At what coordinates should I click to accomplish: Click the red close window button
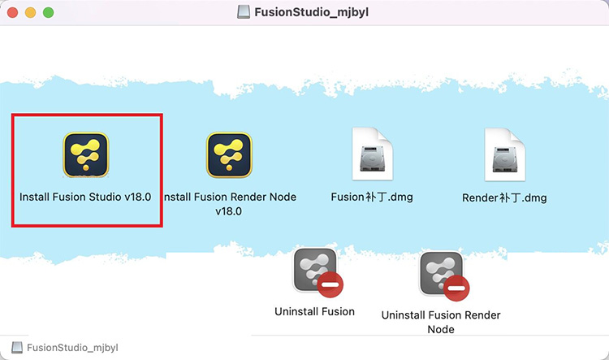(x=12, y=12)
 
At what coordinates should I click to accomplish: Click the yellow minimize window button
(x=30, y=12)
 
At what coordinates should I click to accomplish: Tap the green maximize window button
(x=48, y=12)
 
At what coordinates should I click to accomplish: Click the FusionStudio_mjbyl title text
(x=312, y=12)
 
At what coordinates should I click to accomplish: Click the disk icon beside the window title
(x=244, y=12)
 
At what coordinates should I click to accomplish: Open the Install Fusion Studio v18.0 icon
(x=86, y=154)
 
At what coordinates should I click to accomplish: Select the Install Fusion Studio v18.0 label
(x=85, y=197)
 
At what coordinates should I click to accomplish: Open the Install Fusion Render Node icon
(x=229, y=154)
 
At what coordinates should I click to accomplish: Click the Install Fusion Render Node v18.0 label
(x=229, y=204)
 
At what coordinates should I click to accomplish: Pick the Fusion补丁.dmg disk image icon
(x=373, y=154)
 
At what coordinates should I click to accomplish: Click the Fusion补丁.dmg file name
(x=372, y=197)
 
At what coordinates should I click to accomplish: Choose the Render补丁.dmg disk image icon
(x=505, y=154)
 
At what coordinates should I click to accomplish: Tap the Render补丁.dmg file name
(x=504, y=198)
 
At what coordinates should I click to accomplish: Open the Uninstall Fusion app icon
(x=314, y=270)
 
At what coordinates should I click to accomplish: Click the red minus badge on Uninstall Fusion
(x=330, y=285)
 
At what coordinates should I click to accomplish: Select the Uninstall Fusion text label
(x=314, y=311)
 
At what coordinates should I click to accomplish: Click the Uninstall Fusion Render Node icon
(x=441, y=273)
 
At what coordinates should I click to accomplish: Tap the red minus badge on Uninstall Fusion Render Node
(x=456, y=288)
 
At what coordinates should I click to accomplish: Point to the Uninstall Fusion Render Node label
(x=441, y=322)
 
